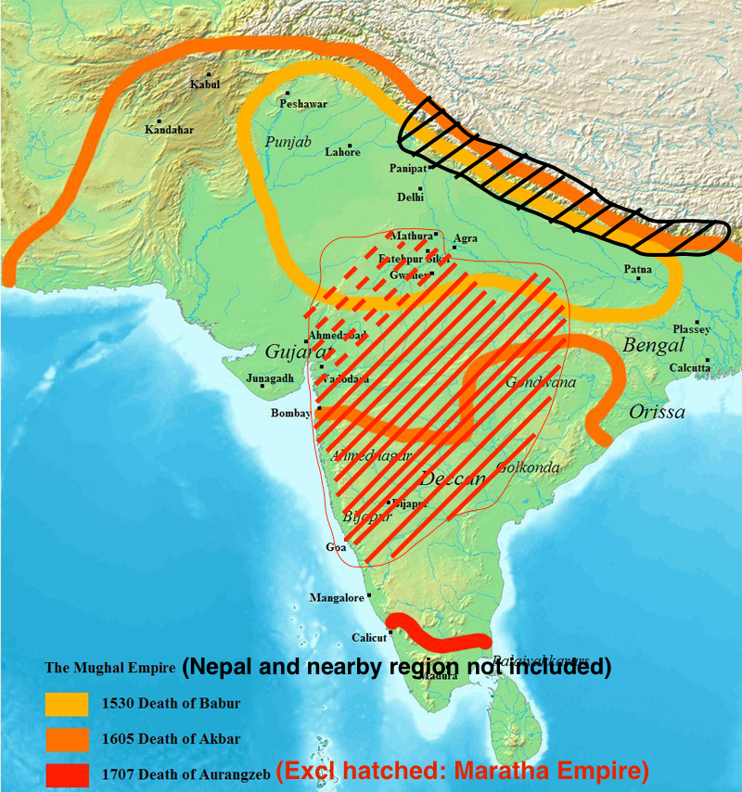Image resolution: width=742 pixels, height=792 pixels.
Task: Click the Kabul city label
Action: coord(205,84)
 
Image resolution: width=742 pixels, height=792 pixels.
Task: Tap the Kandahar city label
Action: coord(169,130)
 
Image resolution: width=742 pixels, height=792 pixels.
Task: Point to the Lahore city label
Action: coord(342,152)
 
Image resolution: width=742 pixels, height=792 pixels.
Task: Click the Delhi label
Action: coord(410,198)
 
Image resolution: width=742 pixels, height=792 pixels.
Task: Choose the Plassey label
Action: coord(692,329)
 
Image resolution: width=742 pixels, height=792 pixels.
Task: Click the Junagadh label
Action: coord(270,378)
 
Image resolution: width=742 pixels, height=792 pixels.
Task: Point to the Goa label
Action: coord(336,548)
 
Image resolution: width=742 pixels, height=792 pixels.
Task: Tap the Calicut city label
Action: coord(368,638)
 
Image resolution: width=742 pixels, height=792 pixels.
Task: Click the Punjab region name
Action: coord(288,142)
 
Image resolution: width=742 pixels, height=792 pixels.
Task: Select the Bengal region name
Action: coord(653,345)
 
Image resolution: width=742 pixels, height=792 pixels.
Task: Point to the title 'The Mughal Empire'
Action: coord(110,668)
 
